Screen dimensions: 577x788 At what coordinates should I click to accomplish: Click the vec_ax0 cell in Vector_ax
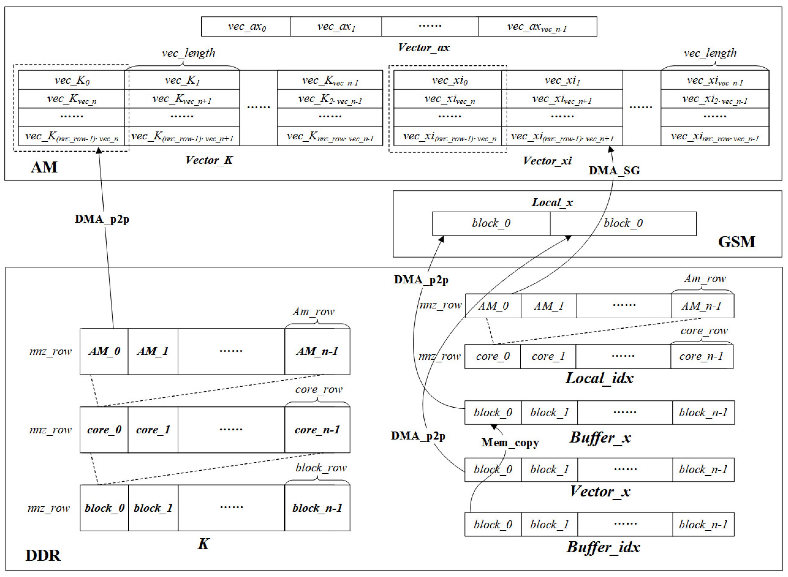click(x=246, y=27)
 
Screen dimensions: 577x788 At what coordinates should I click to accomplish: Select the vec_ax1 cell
click(x=336, y=27)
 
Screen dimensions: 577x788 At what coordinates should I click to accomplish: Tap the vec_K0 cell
click(x=72, y=80)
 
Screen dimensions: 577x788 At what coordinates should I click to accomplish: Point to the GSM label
click(x=736, y=242)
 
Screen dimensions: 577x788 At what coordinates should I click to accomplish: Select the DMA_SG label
click(x=614, y=170)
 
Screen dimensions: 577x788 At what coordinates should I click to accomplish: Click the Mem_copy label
click(x=510, y=443)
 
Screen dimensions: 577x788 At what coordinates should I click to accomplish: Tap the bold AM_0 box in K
click(x=104, y=351)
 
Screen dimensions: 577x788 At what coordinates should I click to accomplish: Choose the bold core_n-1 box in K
click(x=317, y=429)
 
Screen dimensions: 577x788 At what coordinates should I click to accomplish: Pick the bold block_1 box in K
click(x=153, y=508)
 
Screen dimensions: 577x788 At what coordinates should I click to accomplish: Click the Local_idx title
click(x=599, y=378)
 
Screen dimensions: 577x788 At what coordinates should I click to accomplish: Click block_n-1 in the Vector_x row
click(x=703, y=470)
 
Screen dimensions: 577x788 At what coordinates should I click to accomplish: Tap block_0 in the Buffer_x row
click(x=493, y=413)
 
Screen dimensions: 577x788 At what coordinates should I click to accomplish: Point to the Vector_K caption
click(x=209, y=160)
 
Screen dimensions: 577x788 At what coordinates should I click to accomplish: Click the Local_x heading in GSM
click(x=552, y=202)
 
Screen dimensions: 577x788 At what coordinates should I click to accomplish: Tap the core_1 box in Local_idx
click(x=548, y=356)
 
